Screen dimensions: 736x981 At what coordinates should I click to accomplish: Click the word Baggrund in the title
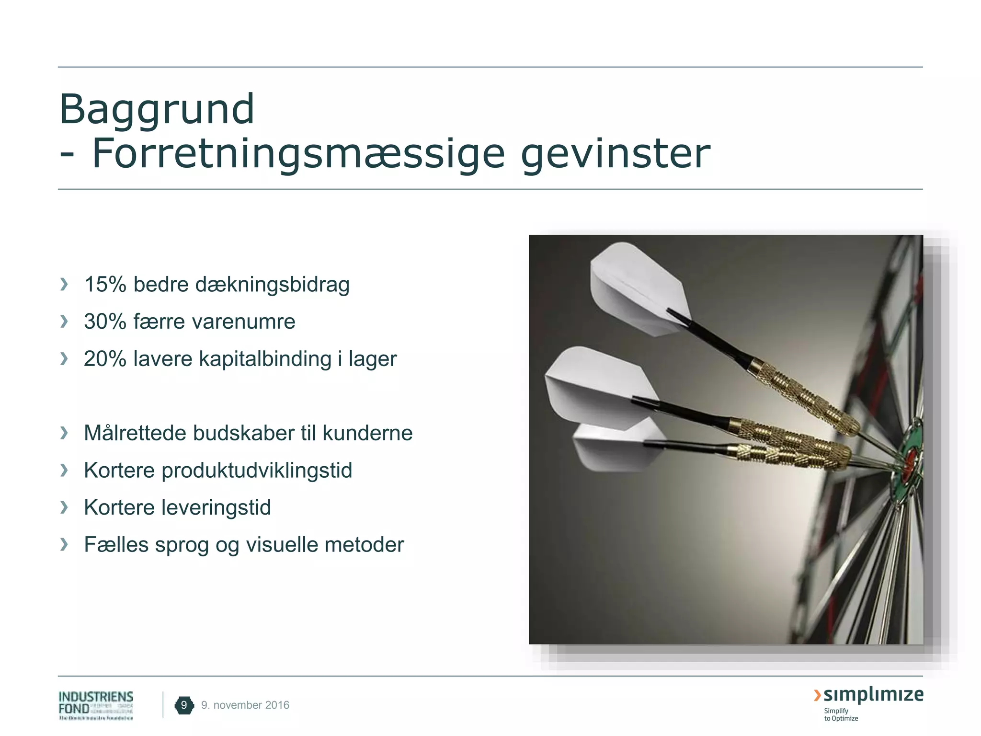pos(157,109)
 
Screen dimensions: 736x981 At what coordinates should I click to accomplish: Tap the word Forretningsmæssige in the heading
pos(298,154)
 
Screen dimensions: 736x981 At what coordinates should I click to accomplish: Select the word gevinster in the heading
pos(615,154)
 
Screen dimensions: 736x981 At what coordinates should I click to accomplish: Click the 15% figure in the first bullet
pos(105,284)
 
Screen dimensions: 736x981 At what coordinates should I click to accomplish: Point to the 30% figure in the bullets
pos(105,322)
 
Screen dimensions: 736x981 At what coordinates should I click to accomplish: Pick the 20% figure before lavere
pos(105,359)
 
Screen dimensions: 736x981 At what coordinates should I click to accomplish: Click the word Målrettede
pos(134,433)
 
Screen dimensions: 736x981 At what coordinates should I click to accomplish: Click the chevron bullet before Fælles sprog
pos(64,544)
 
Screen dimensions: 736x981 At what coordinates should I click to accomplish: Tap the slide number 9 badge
pos(184,705)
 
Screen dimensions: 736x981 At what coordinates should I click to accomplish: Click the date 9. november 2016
pos(245,705)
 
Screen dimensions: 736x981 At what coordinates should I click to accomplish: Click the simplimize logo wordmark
pos(873,695)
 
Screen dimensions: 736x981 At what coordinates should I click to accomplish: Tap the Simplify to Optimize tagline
pos(841,714)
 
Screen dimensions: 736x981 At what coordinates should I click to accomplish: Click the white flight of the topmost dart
pos(637,287)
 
